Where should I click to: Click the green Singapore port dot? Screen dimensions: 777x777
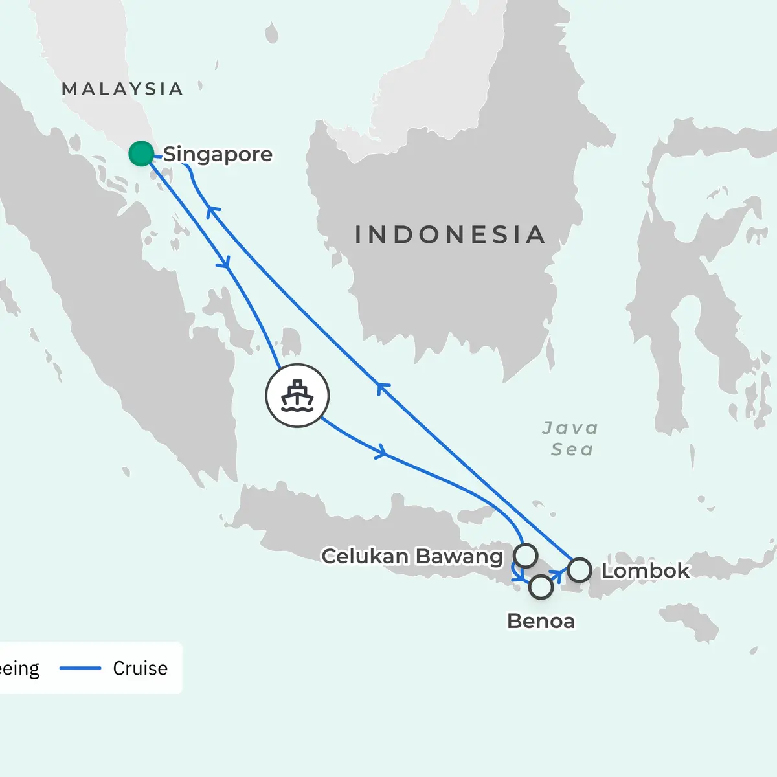coord(141,153)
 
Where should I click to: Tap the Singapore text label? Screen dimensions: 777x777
coord(218,155)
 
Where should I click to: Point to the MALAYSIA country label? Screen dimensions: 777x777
coord(122,89)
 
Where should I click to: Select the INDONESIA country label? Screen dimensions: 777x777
coord(450,234)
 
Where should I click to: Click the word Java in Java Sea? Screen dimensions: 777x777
coord(570,428)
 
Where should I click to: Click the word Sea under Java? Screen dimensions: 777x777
coord(572,449)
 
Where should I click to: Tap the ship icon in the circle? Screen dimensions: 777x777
coord(297,396)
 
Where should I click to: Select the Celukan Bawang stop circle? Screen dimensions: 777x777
coord(525,555)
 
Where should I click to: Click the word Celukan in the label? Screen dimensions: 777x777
coord(365,556)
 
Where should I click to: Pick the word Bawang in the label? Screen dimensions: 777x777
coord(458,557)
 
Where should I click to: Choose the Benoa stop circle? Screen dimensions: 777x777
coord(541,587)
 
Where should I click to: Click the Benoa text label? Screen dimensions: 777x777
coord(541,621)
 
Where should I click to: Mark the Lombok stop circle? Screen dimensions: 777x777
coord(580,570)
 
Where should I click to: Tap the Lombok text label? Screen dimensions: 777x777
coord(646,570)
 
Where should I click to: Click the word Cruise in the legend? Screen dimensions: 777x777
coord(140,668)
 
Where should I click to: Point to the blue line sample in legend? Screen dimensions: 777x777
coord(80,668)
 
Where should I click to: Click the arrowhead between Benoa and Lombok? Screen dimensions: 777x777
coord(557,574)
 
